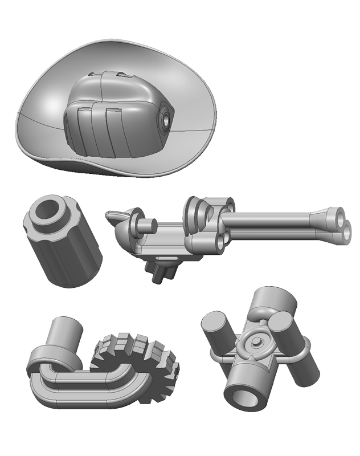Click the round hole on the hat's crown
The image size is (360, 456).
[x=166, y=120]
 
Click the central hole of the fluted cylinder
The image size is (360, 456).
[x=50, y=210]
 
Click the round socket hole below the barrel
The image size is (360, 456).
[x=219, y=244]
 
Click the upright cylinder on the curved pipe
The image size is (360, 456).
[x=64, y=336]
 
